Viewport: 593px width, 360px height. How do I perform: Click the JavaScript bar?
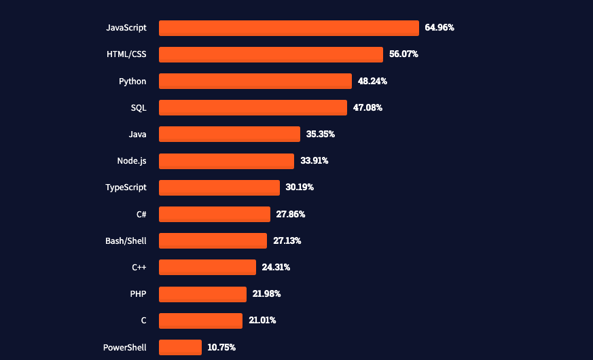coord(289,28)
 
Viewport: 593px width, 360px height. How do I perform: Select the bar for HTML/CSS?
coord(271,54)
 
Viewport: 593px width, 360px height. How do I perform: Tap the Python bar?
coord(255,81)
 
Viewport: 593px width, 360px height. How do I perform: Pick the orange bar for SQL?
coord(253,107)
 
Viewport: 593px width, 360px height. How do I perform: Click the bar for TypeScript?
coord(219,187)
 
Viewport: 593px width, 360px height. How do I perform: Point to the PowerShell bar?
coord(180,347)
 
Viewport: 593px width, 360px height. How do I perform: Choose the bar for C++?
coord(207,267)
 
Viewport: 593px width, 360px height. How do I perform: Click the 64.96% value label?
coord(439,28)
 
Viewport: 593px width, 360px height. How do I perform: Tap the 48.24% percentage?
coord(372,81)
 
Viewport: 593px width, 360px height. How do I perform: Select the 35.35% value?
coord(321,134)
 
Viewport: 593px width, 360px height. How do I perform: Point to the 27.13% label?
coord(287,240)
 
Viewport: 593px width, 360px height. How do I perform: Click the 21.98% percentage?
coord(266,293)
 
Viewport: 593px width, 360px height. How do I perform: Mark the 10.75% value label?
coord(221,347)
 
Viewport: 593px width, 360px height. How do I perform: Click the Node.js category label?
coord(132,161)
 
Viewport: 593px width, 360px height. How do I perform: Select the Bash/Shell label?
coord(126,240)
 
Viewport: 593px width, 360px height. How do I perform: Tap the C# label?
coord(141,214)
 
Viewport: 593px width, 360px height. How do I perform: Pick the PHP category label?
coord(138,293)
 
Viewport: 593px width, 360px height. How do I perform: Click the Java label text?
coord(137,134)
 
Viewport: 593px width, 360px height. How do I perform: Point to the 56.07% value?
coord(403,54)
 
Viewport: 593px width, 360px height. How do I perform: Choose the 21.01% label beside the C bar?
coord(262,320)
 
